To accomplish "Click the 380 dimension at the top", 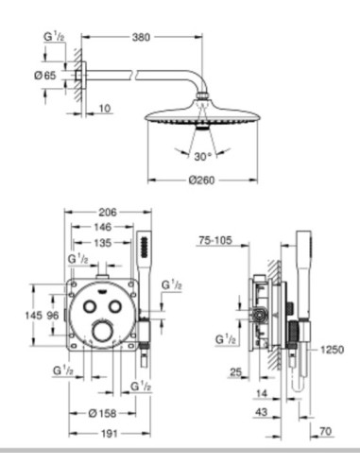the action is point(141,37).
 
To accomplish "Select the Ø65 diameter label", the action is point(44,76).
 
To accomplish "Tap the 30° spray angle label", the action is point(202,156).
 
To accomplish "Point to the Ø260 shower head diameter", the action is point(201,181).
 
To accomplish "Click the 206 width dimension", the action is point(108,213).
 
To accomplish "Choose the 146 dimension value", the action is point(103,227).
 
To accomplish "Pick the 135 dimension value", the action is point(103,243).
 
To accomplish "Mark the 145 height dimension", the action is point(33,315).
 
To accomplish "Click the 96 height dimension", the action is point(52,315).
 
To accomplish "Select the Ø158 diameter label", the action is point(103,413).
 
